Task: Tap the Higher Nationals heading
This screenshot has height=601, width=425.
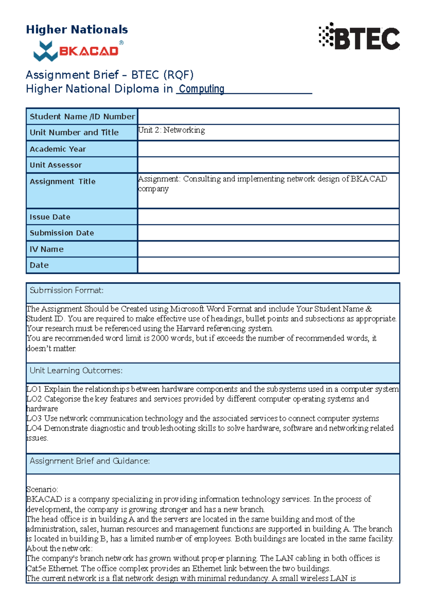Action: (x=77, y=29)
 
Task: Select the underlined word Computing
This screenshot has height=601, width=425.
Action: (x=201, y=88)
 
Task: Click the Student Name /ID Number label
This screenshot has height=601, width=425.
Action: (x=82, y=116)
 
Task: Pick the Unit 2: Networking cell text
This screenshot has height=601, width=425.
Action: (x=171, y=130)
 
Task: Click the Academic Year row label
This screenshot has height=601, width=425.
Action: (x=58, y=149)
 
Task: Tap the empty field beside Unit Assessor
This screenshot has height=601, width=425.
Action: (x=268, y=165)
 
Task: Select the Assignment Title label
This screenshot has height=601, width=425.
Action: (x=63, y=182)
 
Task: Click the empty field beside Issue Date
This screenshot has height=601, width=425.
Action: (x=268, y=217)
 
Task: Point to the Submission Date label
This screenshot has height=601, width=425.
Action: (x=62, y=233)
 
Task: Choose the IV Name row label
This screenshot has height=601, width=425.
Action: (x=47, y=249)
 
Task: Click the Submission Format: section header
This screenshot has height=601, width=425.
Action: (x=67, y=291)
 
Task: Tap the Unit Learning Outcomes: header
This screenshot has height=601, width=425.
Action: (x=76, y=371)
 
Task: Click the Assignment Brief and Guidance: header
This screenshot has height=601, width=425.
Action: (x=90, y=461)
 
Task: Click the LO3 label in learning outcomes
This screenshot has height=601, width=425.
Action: (x=34, y=418)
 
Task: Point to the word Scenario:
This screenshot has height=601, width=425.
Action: (x=42, y=490)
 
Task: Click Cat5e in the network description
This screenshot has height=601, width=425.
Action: (x=36, y=568)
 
